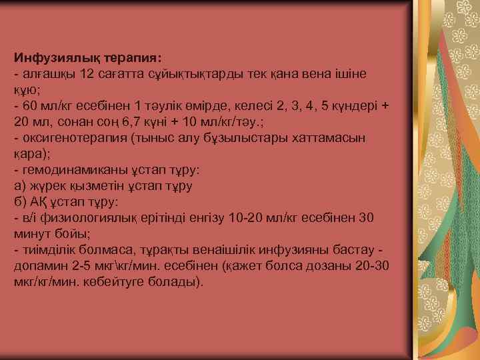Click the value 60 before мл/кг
coord(30,106)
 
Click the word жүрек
coord(43,186)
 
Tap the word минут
coord(31,234)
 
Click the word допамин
coord(38,267)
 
